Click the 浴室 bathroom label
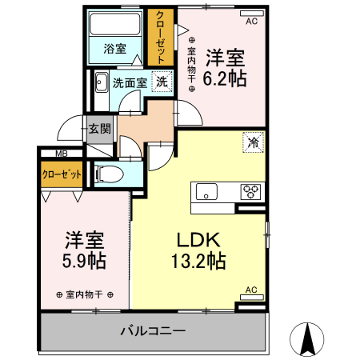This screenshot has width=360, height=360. coord(115,49)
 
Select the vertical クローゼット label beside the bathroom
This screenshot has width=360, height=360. coord(161,38)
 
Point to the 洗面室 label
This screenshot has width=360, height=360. coord(129,82)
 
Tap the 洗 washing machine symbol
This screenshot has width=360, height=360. coord(162,81)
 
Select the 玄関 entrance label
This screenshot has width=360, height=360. coord(100,129)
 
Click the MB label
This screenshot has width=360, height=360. coord(61,154)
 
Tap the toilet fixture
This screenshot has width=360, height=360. coord(107,174)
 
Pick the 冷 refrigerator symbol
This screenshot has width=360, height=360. coord(252,144)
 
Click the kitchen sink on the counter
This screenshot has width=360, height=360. coord(206,192)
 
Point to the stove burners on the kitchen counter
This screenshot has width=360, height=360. coord(250,192)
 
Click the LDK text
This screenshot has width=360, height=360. coord(198,239)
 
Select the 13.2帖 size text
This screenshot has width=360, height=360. coord(198,261)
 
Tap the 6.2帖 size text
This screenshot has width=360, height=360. coord(225,78)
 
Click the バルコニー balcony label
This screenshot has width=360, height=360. coord(153,330)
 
